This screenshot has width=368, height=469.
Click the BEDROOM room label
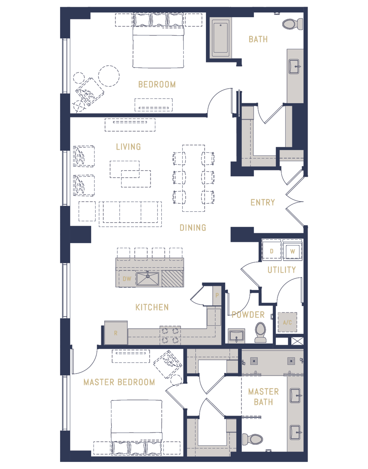157,84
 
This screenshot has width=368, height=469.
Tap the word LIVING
128,147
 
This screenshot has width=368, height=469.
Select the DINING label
193,228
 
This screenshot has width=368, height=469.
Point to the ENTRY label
263,203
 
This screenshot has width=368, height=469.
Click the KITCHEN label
152,308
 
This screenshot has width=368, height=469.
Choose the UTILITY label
282,270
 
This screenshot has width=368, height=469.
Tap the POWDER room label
248,315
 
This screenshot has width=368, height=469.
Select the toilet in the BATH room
292,24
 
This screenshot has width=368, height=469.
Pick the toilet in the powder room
260,332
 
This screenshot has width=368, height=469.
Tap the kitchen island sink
148,279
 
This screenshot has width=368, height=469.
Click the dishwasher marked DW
127,279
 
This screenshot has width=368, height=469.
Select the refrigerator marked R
116,332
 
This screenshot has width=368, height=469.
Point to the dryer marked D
271,251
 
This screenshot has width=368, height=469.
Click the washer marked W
292,251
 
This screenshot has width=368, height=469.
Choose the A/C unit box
288,322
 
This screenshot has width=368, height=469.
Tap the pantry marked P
217,295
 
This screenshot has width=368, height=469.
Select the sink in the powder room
237,336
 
